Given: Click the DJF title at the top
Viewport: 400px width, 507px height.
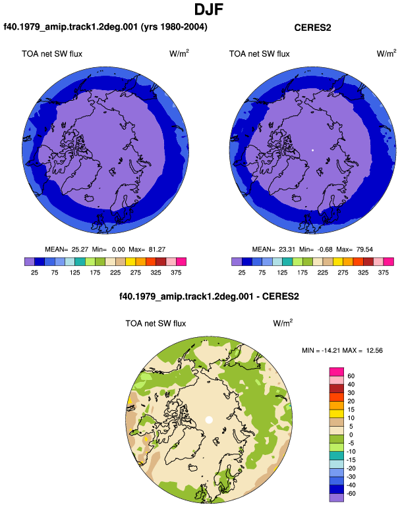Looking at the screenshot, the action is [x=209, y=9].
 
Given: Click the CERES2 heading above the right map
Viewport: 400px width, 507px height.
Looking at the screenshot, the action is [x=312, y=28].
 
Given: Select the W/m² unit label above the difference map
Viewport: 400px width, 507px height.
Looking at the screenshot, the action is [x=283, y=323].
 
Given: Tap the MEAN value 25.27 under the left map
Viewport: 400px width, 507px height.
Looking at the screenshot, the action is [x=80, y=250].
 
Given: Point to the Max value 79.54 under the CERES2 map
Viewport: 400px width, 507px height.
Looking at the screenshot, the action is [x=364, y=250].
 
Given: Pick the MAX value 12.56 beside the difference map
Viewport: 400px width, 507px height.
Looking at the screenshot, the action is [x=374, y=350].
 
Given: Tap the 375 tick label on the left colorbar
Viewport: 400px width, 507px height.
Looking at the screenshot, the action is [x=176, y=273].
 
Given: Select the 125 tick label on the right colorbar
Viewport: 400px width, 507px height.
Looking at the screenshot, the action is [x=282, y=273].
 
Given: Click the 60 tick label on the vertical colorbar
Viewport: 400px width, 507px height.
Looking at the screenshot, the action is [x=351, y=376].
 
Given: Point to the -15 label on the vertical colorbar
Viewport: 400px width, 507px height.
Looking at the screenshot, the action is [x=351, y=460].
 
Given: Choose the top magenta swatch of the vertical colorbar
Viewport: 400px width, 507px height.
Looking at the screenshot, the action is [x=337, y=372].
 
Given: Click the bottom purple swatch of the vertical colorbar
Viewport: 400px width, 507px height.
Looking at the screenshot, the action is [x=337, y=498].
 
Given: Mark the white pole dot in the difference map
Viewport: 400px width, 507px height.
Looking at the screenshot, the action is [x=209, y=419].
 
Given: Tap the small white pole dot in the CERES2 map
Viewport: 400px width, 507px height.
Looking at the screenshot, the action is [x=312, y=150].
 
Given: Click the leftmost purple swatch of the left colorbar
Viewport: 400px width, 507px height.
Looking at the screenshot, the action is [x=30, y=261].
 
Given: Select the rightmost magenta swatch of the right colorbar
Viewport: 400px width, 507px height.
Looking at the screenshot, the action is [x=389, y=261].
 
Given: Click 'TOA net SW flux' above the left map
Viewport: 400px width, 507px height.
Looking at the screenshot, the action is [x=52, y=54].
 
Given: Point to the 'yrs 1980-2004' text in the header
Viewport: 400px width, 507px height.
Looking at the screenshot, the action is [x=175, y=27].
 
